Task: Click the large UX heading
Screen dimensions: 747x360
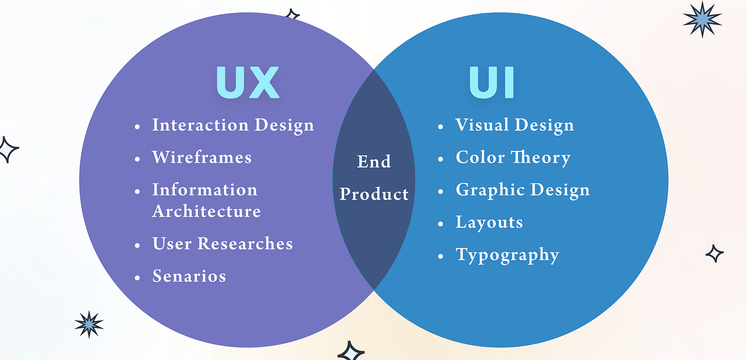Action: [248, 83]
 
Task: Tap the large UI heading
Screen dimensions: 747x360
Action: [491, 83]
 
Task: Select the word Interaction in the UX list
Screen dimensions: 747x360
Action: [200, 125]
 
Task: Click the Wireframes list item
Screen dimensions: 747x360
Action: [202, 157]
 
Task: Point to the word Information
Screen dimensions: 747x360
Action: [204, 190]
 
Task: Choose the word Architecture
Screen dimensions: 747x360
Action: [206, 211]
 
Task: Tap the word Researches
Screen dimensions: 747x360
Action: [245, 244]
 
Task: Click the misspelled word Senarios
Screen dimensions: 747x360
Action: [189, 276]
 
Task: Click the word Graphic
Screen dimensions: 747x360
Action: [484, 190]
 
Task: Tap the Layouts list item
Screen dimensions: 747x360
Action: [489, 222]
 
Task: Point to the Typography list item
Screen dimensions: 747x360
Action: [507, 255]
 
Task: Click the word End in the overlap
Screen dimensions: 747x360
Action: [373, 161]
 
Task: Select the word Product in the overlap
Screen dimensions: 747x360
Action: [374, 194]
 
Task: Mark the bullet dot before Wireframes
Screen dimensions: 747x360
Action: [138, 159]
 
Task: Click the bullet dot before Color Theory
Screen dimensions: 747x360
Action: [441, 159]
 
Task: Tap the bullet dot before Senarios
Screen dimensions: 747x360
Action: [138, 277]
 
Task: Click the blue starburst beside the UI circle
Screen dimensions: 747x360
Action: [702, 19]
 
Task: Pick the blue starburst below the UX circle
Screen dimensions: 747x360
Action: [89, 324]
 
